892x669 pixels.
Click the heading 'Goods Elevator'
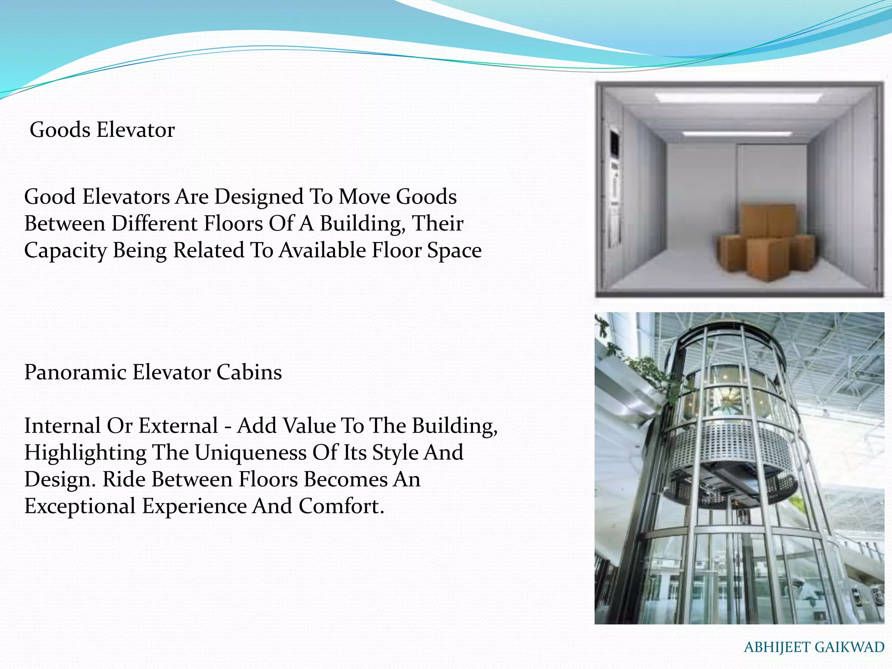click(102, 130)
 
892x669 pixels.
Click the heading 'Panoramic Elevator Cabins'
click(153, 372)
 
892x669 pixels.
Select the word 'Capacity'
click(65, 250)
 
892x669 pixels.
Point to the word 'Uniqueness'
click(250, 453)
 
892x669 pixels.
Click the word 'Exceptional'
click(80, 506)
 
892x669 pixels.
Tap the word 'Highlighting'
click(85, 453)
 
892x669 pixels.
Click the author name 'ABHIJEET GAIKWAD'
click(814, 647)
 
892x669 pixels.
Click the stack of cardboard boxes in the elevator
click(767, 244)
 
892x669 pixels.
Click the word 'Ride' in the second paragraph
click(124, 479)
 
